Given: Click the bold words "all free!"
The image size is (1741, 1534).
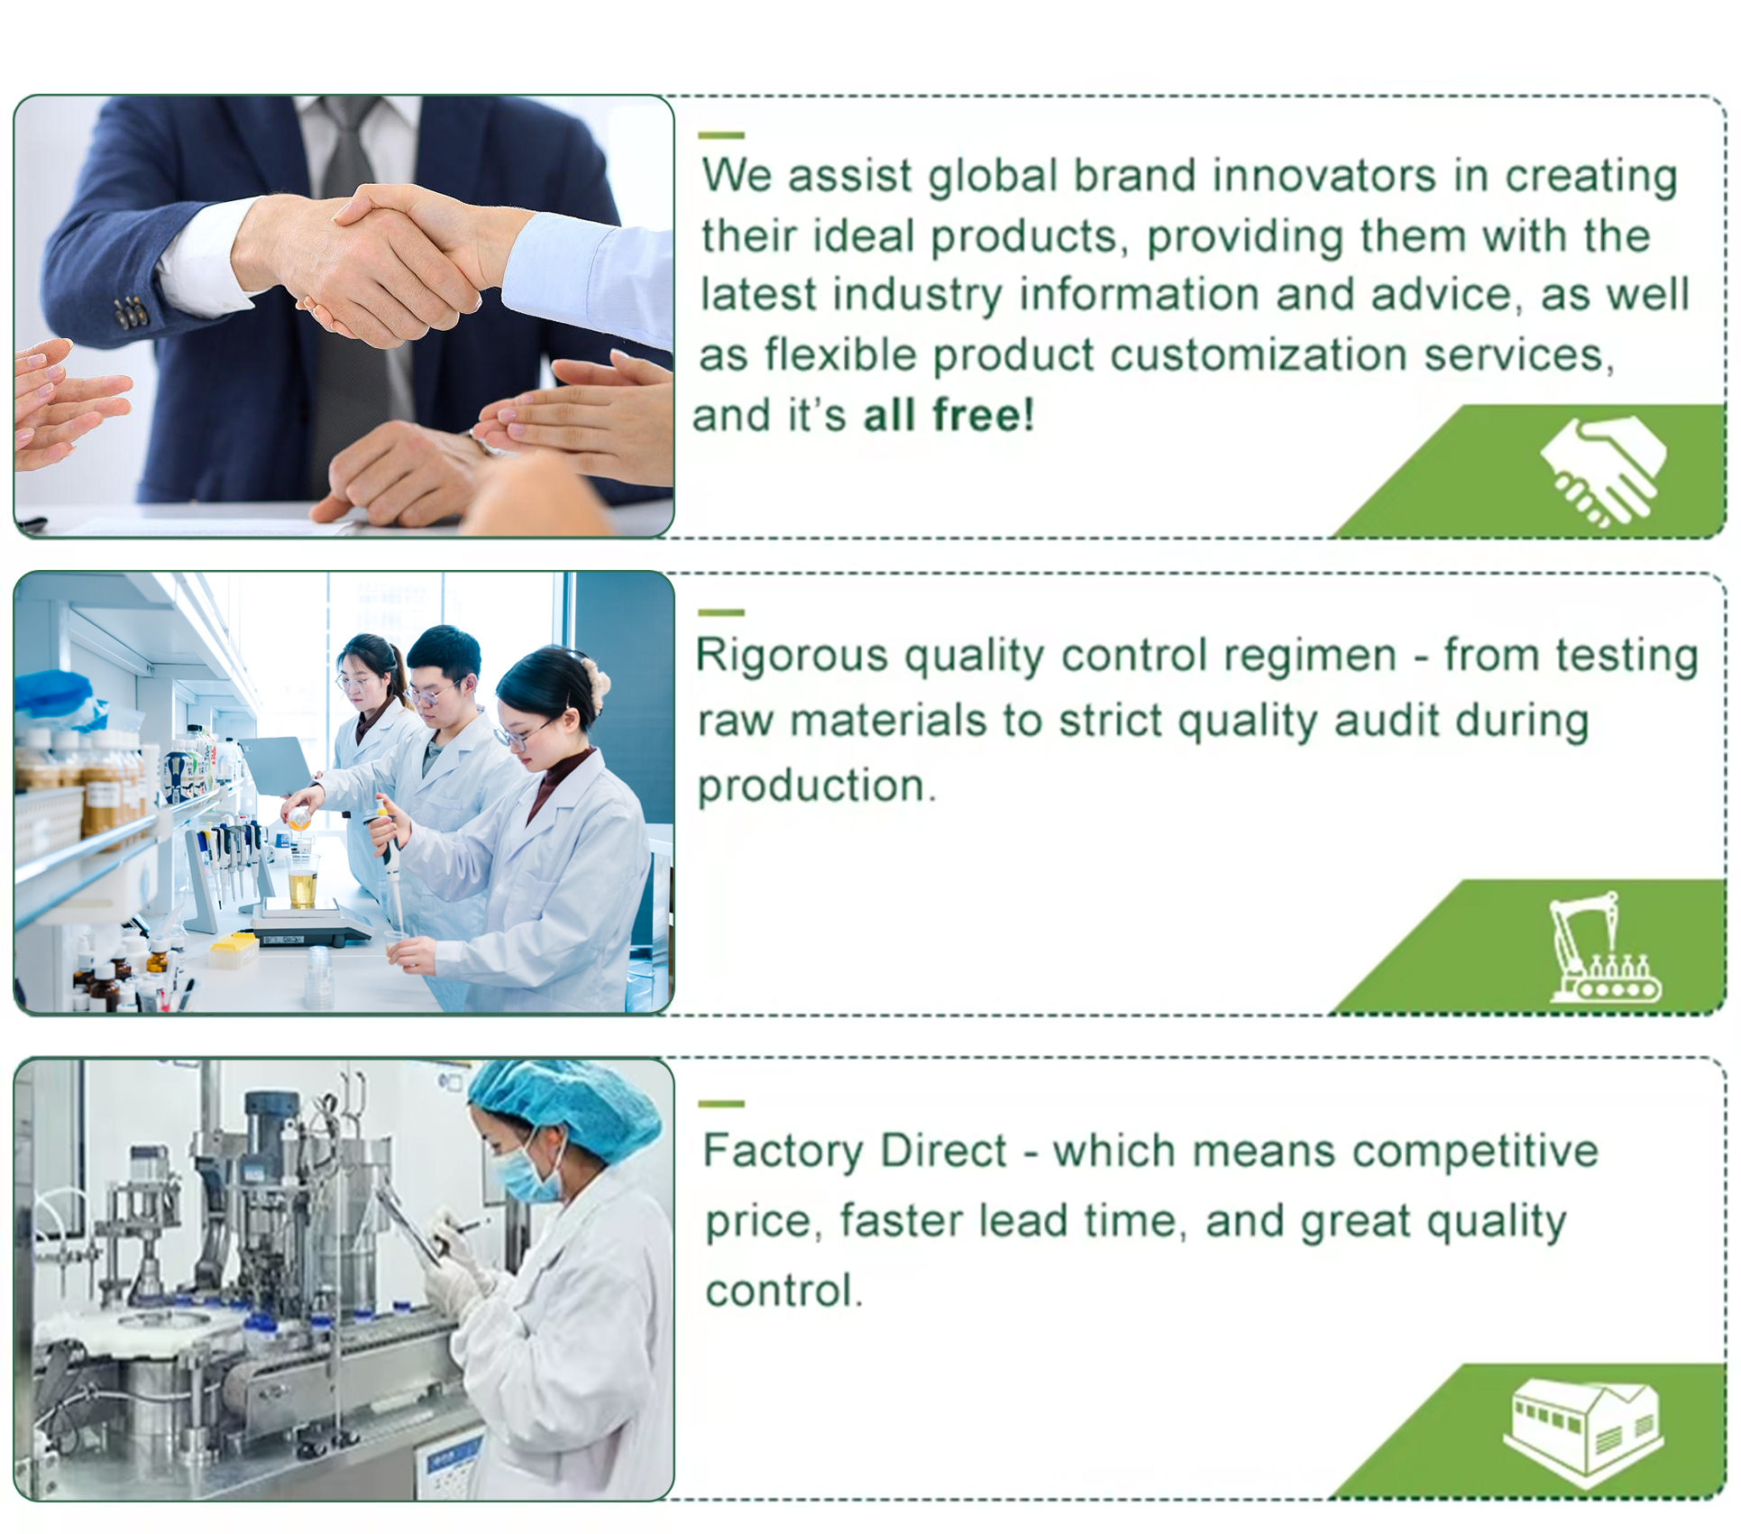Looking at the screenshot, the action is click(948, 416).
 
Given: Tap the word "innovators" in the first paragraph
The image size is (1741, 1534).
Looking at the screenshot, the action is click(1324, 175).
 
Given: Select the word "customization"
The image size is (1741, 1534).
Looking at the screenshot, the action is click(1259, 354).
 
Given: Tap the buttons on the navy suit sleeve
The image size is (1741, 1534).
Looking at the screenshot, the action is click(131, 311).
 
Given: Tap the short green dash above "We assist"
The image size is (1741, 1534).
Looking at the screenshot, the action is click(721, 135).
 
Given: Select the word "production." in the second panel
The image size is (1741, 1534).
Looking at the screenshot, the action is click(817, 786).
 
